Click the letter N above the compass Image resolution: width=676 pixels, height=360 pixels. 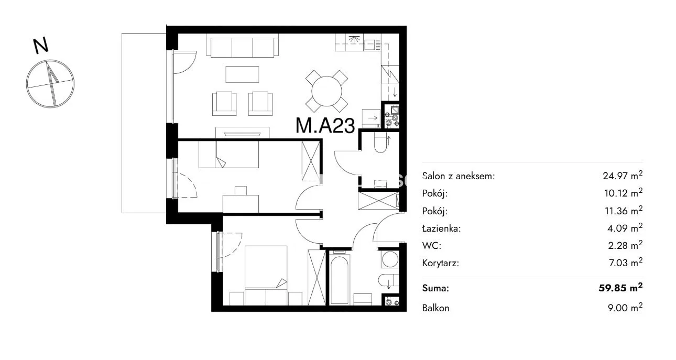[41, 46]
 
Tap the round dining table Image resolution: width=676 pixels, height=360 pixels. [326, 91]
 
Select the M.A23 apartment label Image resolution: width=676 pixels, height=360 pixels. [325, 126]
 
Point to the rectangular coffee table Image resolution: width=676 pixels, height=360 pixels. [242, 74]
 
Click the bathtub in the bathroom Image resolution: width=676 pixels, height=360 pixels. [340, 280]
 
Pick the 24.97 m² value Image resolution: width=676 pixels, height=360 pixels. [623, 176]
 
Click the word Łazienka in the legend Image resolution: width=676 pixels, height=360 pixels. [442, 228]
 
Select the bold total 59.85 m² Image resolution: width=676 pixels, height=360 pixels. [620, 288]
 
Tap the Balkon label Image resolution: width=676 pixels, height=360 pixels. [435, 308]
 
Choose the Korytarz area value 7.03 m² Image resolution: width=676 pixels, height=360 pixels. [626, 263]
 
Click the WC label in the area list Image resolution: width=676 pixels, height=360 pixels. [432, 246]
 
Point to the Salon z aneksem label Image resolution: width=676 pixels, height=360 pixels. [459, 176]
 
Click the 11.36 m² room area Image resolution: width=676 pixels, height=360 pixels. [624, 211]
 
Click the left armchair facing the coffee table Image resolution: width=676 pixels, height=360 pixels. [224, 104]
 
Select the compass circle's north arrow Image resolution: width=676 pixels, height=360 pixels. [51, 83]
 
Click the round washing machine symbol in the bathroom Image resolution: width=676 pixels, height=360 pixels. [389, 259]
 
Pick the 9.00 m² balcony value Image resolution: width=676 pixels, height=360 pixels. [625, 308]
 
